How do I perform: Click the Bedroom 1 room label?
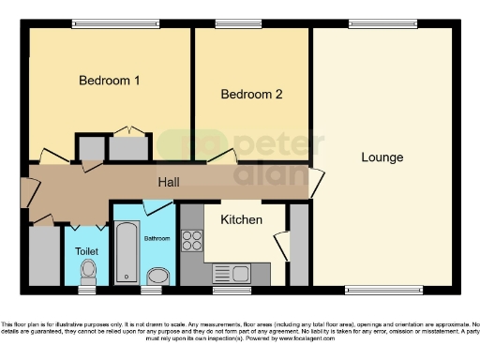point(109,81)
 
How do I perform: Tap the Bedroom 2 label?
point(251,94)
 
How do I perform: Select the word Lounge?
point(382,157)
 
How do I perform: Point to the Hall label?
point(169,181)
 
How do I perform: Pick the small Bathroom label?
point(157,238)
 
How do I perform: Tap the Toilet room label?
point(87,251)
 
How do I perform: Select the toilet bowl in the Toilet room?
point(88,272)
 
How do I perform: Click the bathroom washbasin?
point(158,275)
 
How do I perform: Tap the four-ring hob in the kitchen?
point(192,241)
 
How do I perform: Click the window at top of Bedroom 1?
point(97,24)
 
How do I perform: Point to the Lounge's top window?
point(369,24)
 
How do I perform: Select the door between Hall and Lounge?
point(317,181)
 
